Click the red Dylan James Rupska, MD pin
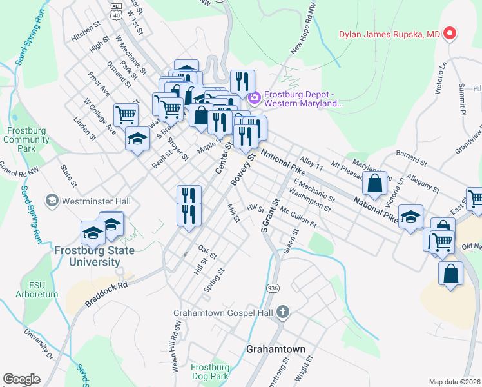[450, 33]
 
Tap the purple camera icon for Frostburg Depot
[254, 98]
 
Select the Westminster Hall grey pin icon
[52, 201]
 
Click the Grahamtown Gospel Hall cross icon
[282, 313]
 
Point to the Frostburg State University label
[87, 256]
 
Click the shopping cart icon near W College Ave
[126, 115]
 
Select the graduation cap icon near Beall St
[137, 139]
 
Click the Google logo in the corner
[22, 379]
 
